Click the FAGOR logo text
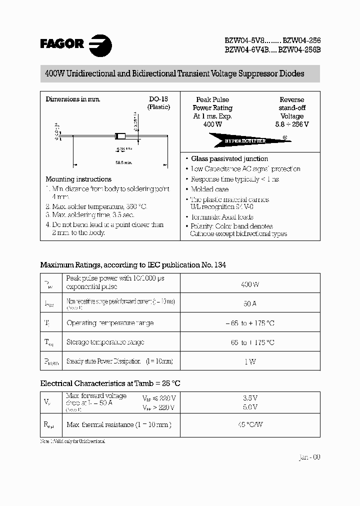[x=62, y=44]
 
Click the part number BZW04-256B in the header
[x=298, y=51]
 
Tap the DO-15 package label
[x=158, y=99]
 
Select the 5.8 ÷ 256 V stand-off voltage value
[x=291, y=124]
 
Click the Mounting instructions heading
[x=78, y=179]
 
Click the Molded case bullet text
[x=209, y=189]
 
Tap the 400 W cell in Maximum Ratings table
[x=249, y=284]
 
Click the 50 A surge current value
[x=249, y=303]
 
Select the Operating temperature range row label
[x=110, y=323]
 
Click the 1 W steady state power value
[x=249, y=361]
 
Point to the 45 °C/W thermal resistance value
[x=249, y=424]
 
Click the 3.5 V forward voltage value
[x=249, y=397]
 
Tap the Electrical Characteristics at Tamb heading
[x=110, y=383]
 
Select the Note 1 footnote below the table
[x=73, y=441]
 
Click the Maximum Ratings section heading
[x=133, y=265]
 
